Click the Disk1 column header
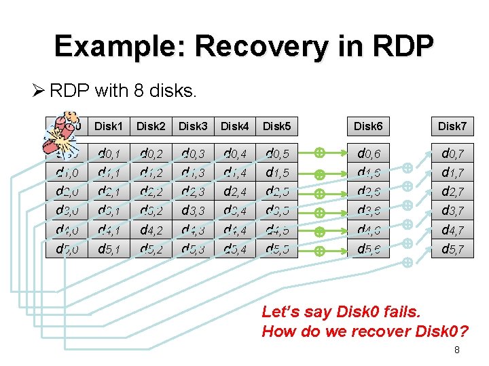(108, 126)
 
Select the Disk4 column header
(234, 126)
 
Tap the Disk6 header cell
(368, 126)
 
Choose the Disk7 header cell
(452, 126)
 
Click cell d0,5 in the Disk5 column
(276, 155)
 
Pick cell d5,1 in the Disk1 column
(108, 249)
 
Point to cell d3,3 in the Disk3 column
(192, 211)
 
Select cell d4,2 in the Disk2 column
(150, 230)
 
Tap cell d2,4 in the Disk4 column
(234, 192)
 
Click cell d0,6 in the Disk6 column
(368, 155)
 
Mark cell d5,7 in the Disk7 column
(452, 249)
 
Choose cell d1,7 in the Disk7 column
(452, 173)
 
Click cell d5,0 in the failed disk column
(66, 249)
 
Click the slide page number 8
(457, 350)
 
